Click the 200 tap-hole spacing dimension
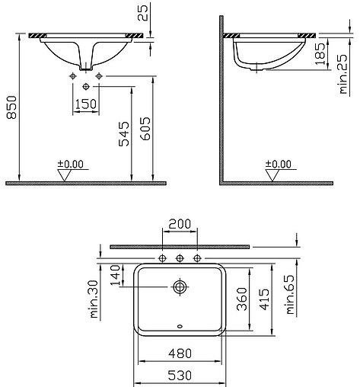pos(180,224)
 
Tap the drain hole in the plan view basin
pos(180,287)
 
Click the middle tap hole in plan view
pos(180,258)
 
